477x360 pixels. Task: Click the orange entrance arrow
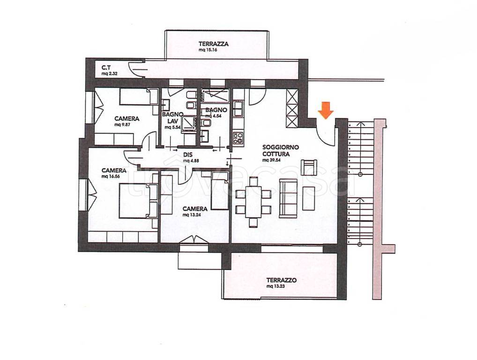[x=325, y=110]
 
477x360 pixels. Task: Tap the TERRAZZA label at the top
[x=213, y=44]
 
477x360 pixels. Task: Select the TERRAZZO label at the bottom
[x=282, y=280]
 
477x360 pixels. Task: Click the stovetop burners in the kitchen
[x=238, y=137]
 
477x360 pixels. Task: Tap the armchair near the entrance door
[x=309, y=167]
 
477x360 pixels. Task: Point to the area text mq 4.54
[x=212, y=116]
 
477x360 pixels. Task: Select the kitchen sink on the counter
[x=238, y=109]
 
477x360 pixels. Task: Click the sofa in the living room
[x=288, y=198]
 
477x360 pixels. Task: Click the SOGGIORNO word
[x=276, y=147]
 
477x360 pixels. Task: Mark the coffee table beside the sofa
[x=309, y=198]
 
